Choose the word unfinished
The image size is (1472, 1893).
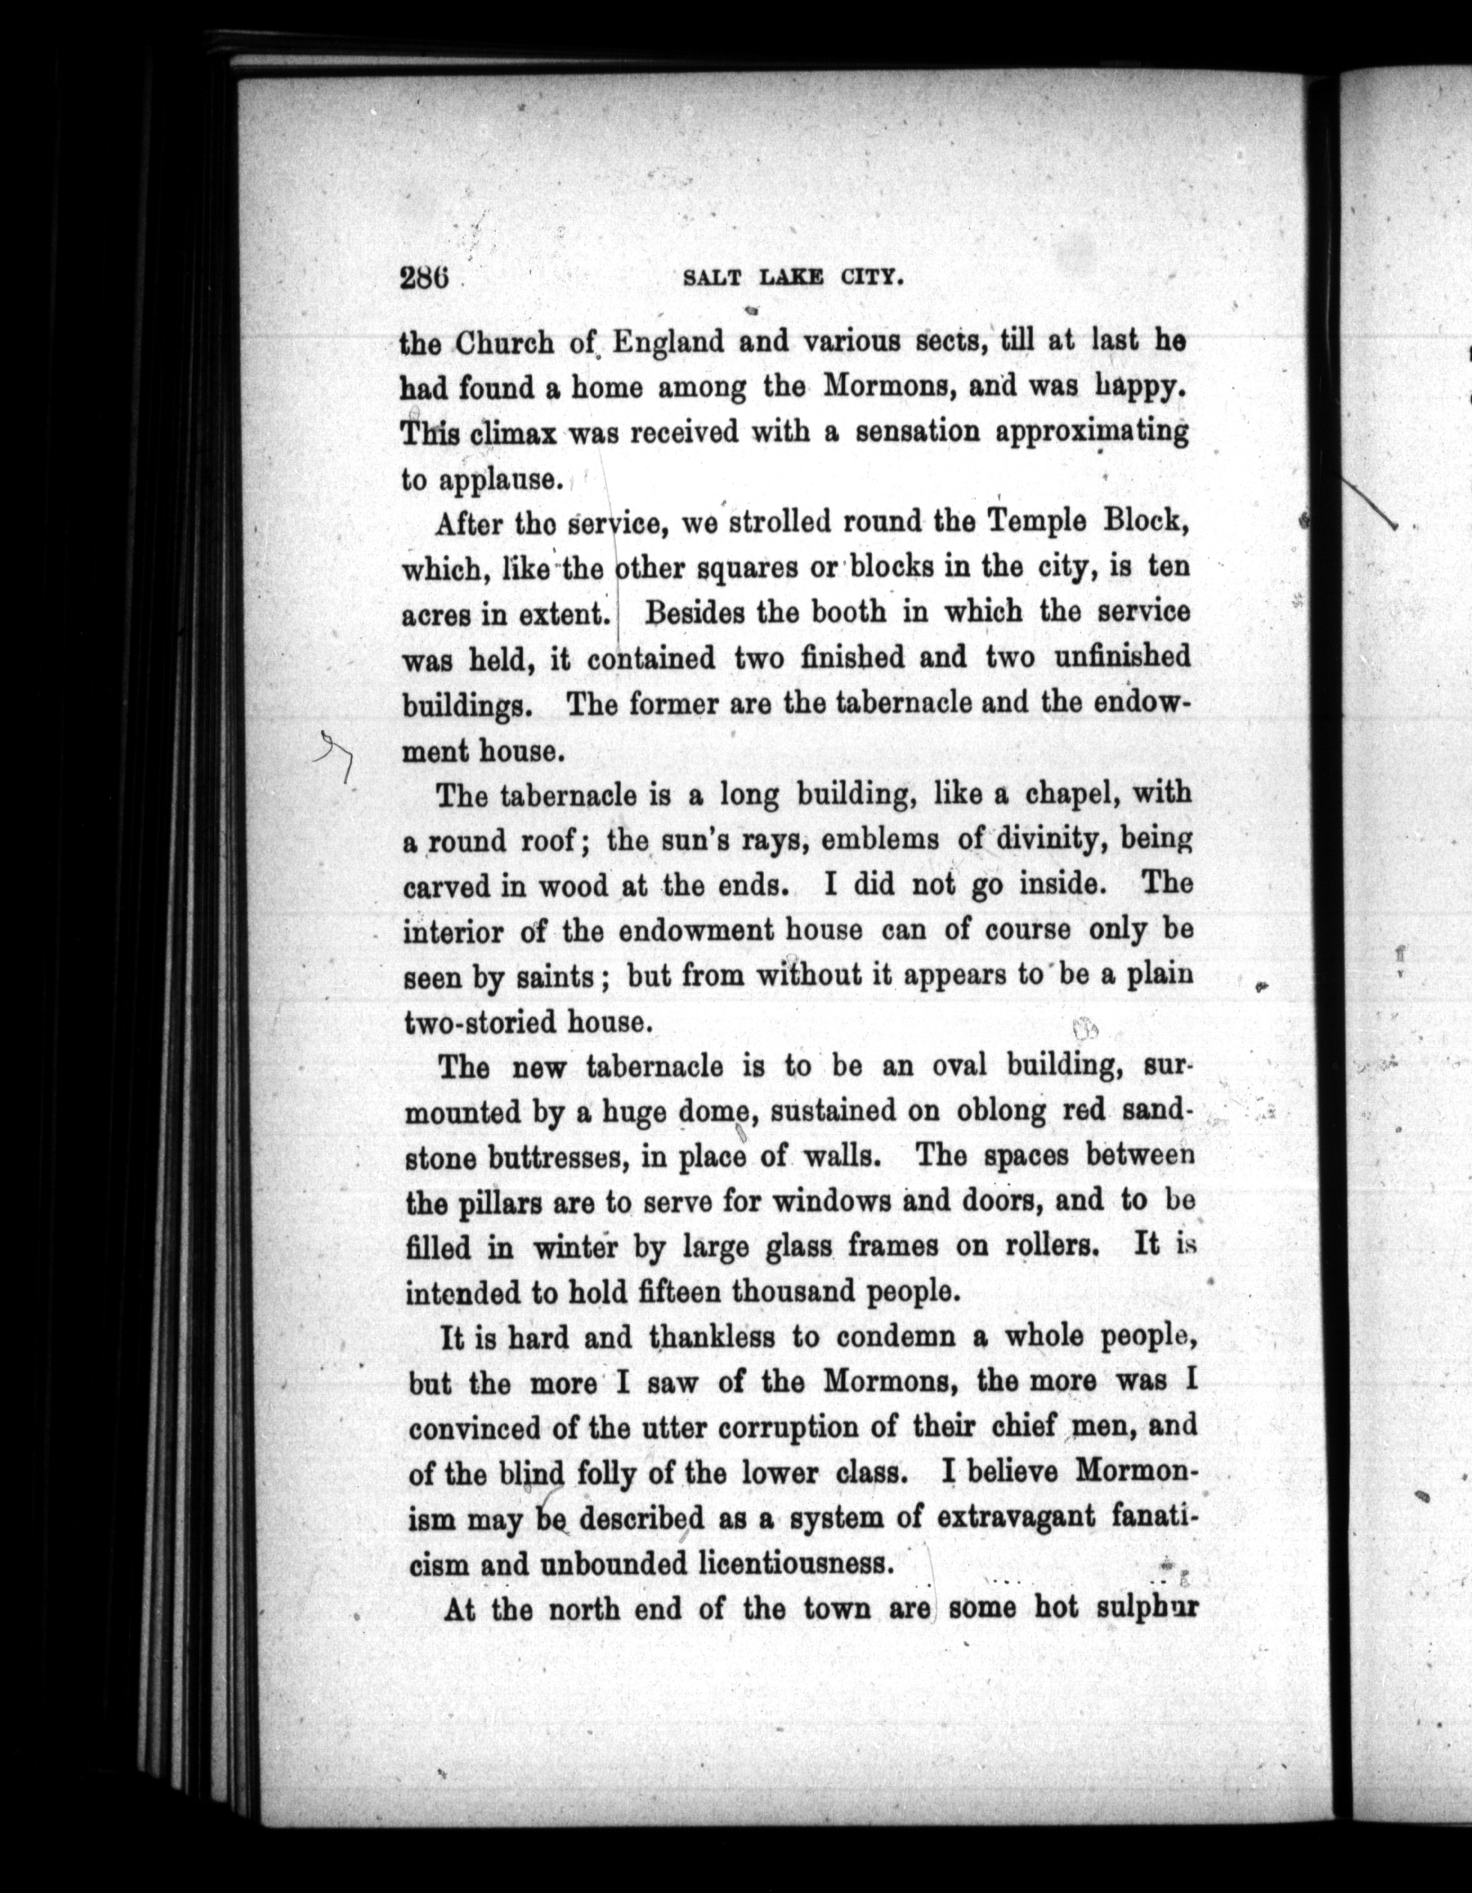pyautogui.click(x=1123, y=657)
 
